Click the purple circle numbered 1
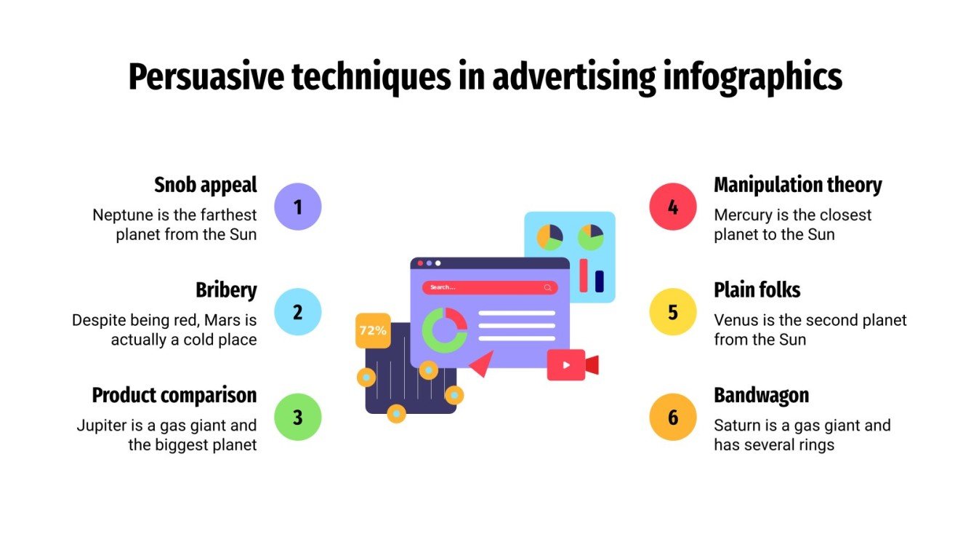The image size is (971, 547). point(297,207)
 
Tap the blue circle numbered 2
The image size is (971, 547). point(297,312)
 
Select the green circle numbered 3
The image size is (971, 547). point(297,418)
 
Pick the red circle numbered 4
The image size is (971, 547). point(673,207)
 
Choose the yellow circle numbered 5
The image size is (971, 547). point(673,312)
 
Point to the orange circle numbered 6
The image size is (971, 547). point(673,418)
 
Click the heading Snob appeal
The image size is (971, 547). point(206,185)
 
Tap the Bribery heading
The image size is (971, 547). point(226,290)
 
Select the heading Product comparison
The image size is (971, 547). point(174,396)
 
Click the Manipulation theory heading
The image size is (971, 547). point(797,185)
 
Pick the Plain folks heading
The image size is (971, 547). point(757,290)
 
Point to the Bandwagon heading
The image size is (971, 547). point(761,396)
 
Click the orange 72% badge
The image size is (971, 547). point(373,330)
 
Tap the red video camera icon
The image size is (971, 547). point(572,364)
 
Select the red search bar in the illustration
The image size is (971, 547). point(490,287)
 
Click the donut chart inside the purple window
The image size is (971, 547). point(445,330)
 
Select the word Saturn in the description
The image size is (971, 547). point(736,425)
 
